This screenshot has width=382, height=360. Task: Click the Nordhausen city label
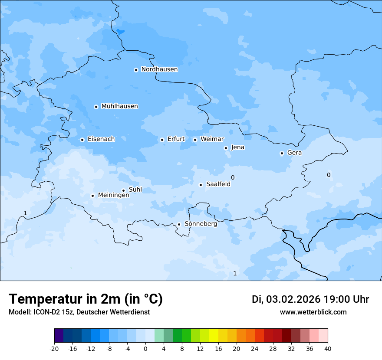[x=159, y=69]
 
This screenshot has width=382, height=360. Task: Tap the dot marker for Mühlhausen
[x=96, y=107]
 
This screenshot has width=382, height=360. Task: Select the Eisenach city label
[x=101, y=139]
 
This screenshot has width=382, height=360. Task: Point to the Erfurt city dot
[x=162, y=140]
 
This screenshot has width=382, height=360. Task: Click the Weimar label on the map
[x=212, y=139]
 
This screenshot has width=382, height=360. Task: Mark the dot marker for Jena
[x=226, y=148]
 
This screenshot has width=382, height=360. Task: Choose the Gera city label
[x=294, y=153]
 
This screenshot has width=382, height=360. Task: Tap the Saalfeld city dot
[x=201, y=185]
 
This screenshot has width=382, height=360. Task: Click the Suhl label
[x=135, y=190]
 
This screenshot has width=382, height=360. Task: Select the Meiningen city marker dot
[x=92, y=196]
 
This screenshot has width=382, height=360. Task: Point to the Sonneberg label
[x=201, y=224]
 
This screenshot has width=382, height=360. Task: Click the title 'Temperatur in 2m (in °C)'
[x=86, y=299]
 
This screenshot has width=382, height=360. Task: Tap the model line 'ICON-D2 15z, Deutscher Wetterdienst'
[x=79, y=312]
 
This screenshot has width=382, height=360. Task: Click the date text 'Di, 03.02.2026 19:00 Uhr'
[x=310, y=299]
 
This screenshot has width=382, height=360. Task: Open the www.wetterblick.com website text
[x=313, y=312]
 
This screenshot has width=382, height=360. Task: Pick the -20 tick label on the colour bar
[x=54, y=349]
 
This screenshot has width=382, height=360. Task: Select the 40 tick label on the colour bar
[x=328, y=349]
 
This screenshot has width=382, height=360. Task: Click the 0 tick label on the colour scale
[x=145, y=349]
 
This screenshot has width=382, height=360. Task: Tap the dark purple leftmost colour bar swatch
[x=59, y=336]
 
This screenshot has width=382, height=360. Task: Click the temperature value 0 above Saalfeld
[x=233, y=177]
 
